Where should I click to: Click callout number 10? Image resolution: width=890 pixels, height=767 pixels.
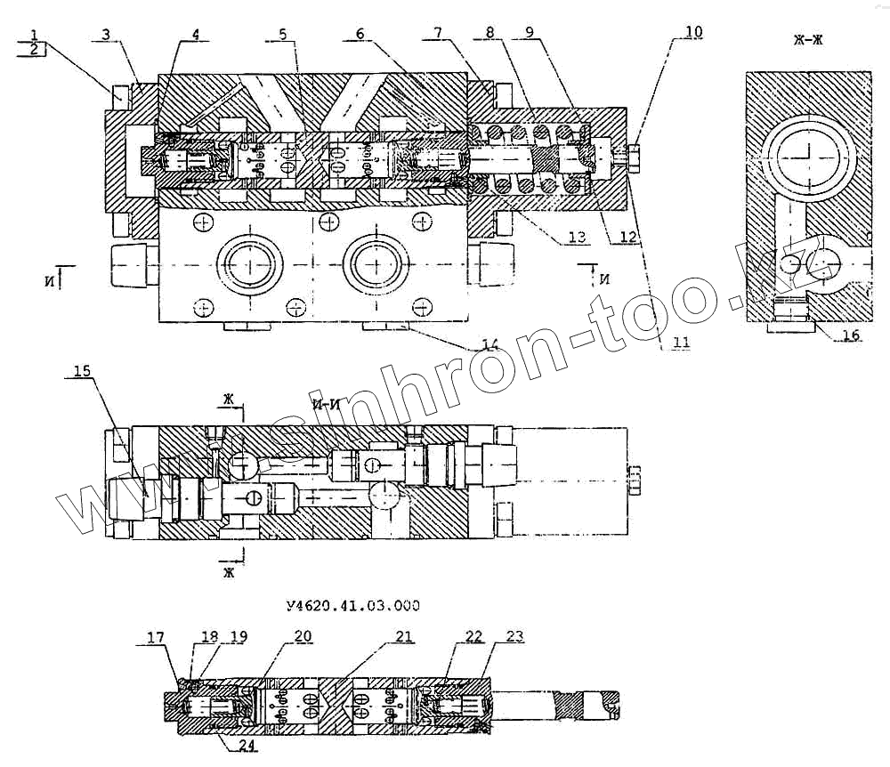pos(693,32)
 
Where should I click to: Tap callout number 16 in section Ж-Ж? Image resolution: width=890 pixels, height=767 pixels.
pos(852,335)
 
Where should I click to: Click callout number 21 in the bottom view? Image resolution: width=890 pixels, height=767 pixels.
pos(404,637)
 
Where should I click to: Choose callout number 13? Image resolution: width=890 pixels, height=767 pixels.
pos(577,237)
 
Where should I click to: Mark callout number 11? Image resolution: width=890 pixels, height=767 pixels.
pos(680,341)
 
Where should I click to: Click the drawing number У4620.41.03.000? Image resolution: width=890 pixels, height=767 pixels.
pos(353,606)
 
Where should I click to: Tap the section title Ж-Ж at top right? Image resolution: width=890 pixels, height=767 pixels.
pos(810,39)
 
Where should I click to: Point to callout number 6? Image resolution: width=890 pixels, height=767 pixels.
pos(360,34)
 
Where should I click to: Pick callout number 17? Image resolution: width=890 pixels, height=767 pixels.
pos(156,637)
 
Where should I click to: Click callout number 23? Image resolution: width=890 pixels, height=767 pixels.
pos(515,637)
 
